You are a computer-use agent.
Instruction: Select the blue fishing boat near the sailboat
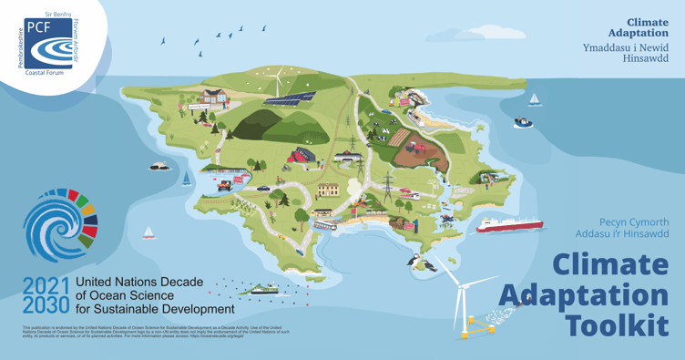(x=523, y=121)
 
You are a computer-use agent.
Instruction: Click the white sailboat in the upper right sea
(x=534, y=99)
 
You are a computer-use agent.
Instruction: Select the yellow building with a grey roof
(x=328, y=190)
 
